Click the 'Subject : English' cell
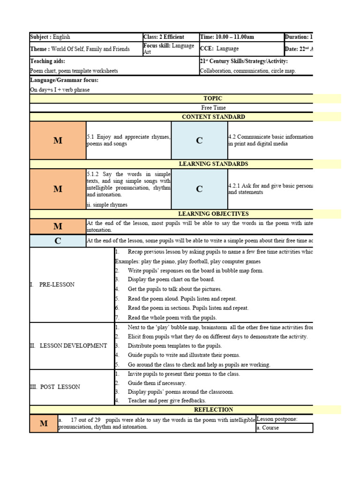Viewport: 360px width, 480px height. point(50,37)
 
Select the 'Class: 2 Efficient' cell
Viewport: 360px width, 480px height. point(164,37)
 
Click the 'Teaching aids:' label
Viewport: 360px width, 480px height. point(48,61)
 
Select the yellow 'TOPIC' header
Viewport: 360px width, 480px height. point(213,98)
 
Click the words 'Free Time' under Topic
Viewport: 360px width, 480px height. point(213,108)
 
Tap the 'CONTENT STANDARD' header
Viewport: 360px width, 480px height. point(213,117)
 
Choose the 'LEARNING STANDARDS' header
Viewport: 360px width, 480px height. point(213,164)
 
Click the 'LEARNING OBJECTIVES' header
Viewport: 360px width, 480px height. point(213,214)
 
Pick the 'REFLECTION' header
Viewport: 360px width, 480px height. point(213,410)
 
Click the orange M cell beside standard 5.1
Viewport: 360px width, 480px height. point(58,141)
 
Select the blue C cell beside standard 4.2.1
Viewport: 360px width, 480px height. point(199,189)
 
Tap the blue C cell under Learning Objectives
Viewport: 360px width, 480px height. point(58,241)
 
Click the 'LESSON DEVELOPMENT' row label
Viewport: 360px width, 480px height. point(68,346)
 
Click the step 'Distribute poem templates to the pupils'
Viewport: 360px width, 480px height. point(174,346)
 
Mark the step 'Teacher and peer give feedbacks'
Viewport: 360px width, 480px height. point(166,401)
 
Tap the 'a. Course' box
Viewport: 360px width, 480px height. point(284,427)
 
